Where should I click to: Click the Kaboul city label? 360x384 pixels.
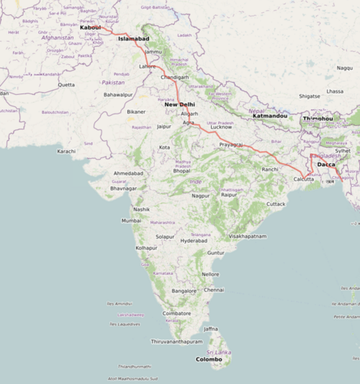coord(90,28)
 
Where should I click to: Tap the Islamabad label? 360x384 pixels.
coord(133,39)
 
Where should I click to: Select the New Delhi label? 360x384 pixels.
coord(180,104)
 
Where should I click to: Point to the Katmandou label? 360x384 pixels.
coord(270,116)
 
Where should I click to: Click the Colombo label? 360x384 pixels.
coord(209,359)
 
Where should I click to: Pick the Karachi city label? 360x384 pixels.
coord(66,152)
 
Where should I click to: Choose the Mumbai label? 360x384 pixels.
coord(132,220)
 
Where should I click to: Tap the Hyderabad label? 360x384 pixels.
coord(194,241)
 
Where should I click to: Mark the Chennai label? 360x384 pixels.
coord(214,290)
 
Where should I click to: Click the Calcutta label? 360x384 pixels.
coord(303,179)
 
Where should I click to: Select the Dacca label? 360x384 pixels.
coord(326,165)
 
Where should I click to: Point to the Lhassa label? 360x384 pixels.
coord(335,91)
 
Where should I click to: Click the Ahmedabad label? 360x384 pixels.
coord(128,174)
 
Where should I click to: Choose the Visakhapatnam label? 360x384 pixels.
coord(248,236)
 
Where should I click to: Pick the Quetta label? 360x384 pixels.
coord(66,84)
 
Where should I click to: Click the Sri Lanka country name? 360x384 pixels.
coord(218,352)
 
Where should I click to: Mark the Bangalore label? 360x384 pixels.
coord(184,291)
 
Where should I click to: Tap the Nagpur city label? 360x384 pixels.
coord(200,196)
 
